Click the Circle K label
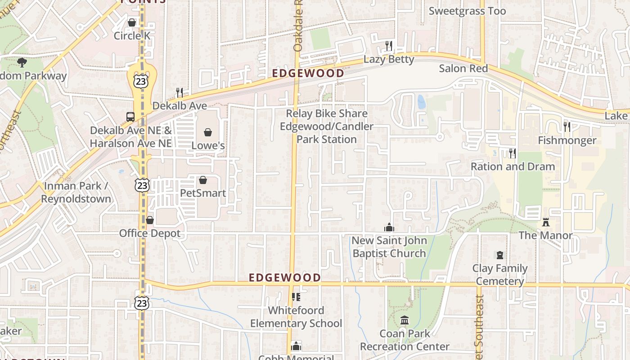(x=132, y=36)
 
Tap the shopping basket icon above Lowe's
(x=208, y=132)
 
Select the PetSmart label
(x=202, y=193)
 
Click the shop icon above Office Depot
(x=150, y=220)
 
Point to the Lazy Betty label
(x=389, y=59)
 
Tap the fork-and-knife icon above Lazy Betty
(x=389, y=45)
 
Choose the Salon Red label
(x=463, y=68)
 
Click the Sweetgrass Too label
(x=467, y=11)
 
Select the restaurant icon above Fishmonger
(x=567, y=126)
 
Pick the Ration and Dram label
(x=513, y=166)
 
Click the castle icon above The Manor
(x=546, y=222)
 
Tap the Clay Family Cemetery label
(x=500, y=275)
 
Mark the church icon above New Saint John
(x=389, y=227)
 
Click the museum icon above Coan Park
(x=405, y=320)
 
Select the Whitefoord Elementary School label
(x=296, y=317)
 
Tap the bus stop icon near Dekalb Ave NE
(x=130, y=117)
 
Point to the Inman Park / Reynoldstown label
(x=76, y=192)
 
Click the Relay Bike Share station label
(x=327, y=126)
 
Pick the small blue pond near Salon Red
(x=421, y=102)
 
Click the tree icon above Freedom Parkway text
(x=22, y=63)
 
